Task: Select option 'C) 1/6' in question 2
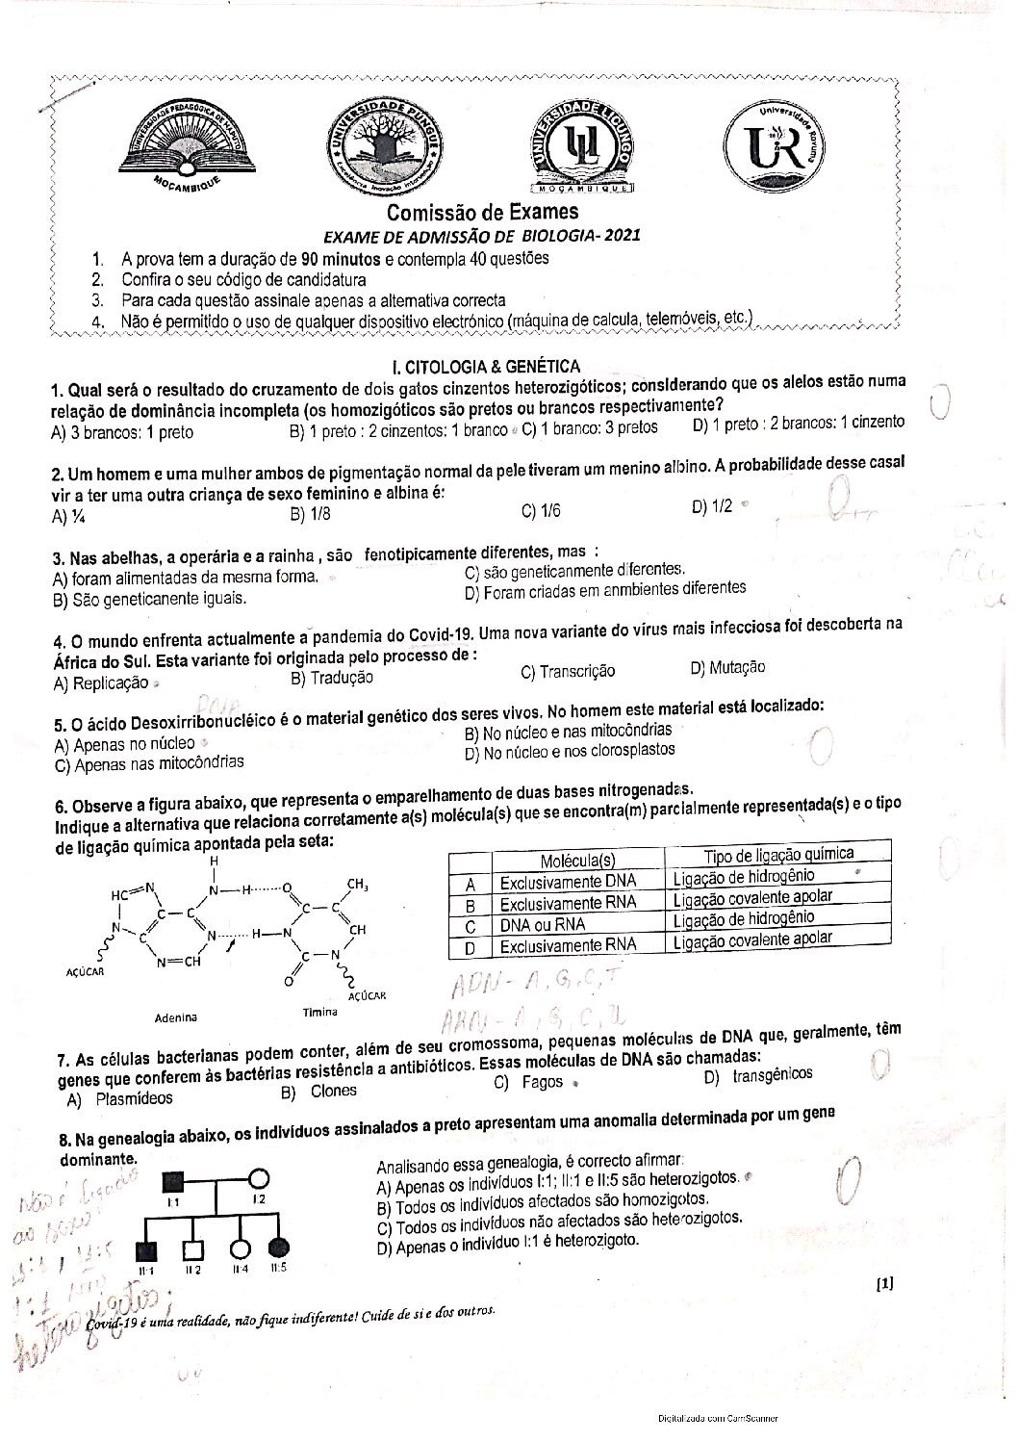pos(541,511)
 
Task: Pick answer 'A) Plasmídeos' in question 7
pos(120,1097)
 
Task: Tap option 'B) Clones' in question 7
pos(319,1092)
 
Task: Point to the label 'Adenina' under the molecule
pos(177,1016)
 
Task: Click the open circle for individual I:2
pos(258,1177)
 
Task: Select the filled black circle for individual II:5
pos(278,1248)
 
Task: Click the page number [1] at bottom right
pos(885,1281)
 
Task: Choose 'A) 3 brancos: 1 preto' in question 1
pos(122,432)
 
